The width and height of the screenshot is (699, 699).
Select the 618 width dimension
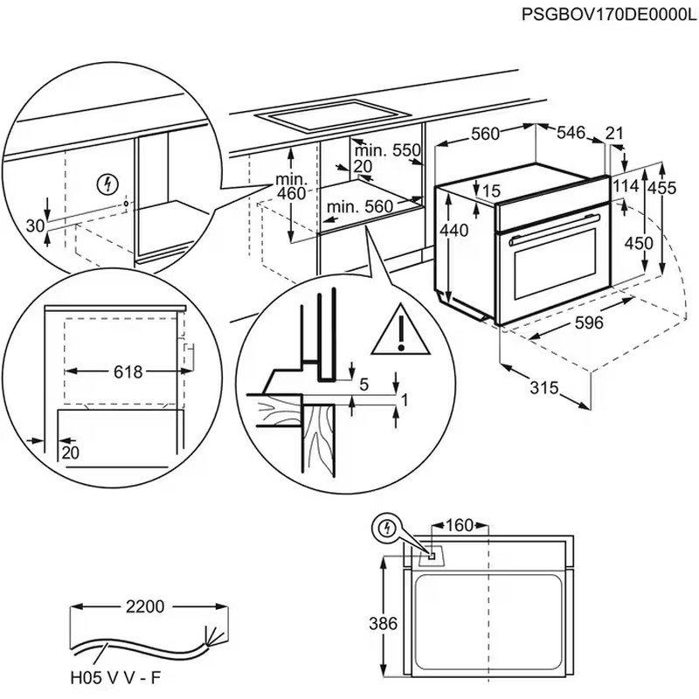(x=128, y=372)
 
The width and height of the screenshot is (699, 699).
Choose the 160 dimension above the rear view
(x=458, y=525)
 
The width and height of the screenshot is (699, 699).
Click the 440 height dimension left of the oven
(x=454, y=231)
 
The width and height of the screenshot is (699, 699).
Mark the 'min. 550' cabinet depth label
(x=388, y=150)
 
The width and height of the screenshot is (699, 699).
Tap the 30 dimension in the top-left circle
(x=35, y=225)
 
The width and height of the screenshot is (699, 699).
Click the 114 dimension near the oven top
(x=625, y=186)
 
